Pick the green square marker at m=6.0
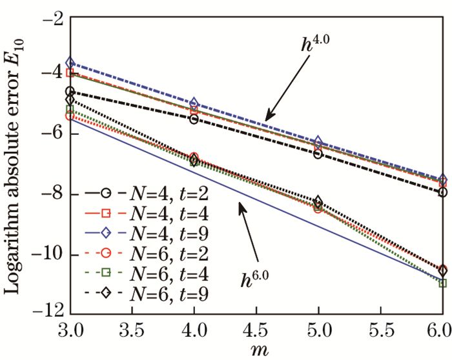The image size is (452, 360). click(442, 283)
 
